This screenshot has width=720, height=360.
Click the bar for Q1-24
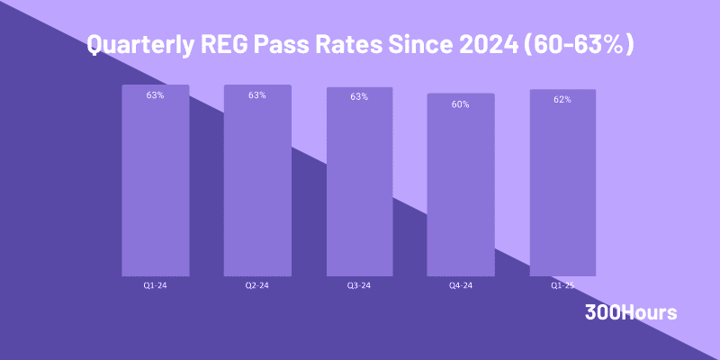pyautogui.click(x=155, y=180)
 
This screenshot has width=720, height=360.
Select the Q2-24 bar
pyautogui.click(x=257, y=180)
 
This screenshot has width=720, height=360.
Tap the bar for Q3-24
pyautogui.click(x=359, y=180)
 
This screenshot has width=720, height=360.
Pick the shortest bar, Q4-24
pyautogui.click(x=461, y=184)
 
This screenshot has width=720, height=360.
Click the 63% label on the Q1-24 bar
pyautogui.click(x=155, y=94)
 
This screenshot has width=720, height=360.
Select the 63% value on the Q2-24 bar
pyautogui.click(x=257, y=94)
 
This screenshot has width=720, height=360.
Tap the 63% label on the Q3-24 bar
pyautogui.click(x=359, y=96)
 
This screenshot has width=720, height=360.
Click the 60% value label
pyautogui.click(x=461, y=104)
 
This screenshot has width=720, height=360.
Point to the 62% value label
pyautogui.click(x=562, y=99)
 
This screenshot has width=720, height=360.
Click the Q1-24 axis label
pyautogui.click(x=155, y=285)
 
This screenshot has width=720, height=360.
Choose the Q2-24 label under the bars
pyautogui.click(x=257, y=285)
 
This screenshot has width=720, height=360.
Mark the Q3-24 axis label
pyautogui.click(x=359, y=285)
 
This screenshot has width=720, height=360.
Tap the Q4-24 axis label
pyautogui.click(x=461, y=285)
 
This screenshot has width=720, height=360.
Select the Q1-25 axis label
pyautogui.click(x=562, y=285)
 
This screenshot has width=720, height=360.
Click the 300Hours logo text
pyautogui.click(x=630, y=312)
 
